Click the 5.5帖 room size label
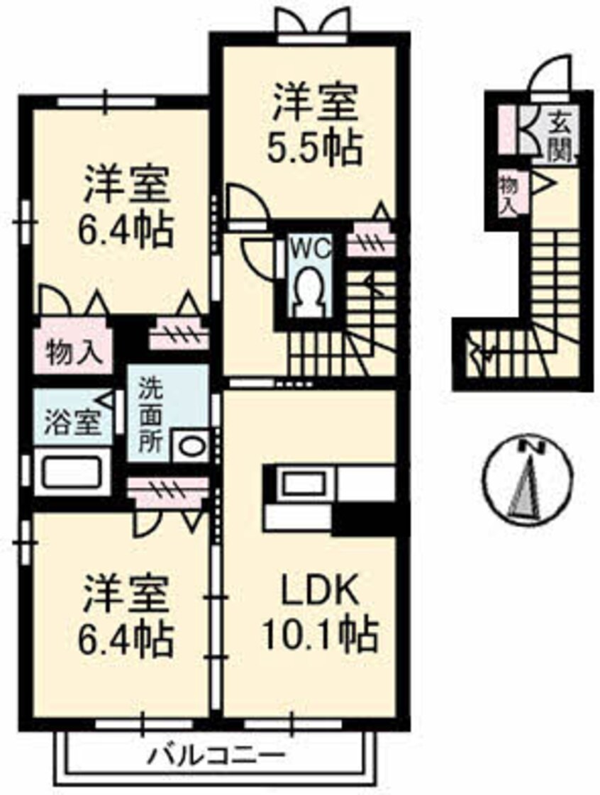click(313, 147)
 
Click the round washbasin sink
click(191, 446)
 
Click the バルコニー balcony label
click(216, 768)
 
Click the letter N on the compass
click(528, 447)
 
